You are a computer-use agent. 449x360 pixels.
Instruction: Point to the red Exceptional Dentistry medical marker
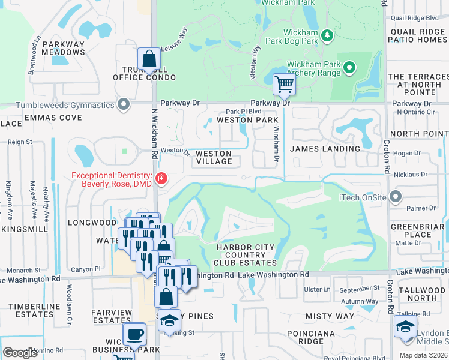click(x=161, y=178)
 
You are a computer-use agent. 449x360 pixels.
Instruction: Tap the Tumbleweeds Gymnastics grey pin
click(x=124, y=105)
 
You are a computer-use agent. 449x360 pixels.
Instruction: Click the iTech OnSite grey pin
click(x=395, y=197)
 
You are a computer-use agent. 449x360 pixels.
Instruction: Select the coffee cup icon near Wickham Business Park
click(x=134, y=334)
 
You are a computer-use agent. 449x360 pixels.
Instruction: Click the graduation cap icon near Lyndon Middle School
click(x=405, y=327)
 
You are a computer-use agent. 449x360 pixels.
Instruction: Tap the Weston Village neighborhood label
click(x=214, y=158)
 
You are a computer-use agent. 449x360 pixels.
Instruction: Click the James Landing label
click(x=325, y=149)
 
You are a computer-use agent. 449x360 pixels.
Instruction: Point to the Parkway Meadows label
click(x=64, y=48)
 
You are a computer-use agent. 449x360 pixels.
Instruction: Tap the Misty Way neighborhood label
click(x=330, y=316)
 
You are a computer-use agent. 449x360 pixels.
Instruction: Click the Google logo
click(x=20, y=353)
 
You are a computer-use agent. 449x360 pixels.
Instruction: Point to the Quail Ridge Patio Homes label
click(x=418, y=35)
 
